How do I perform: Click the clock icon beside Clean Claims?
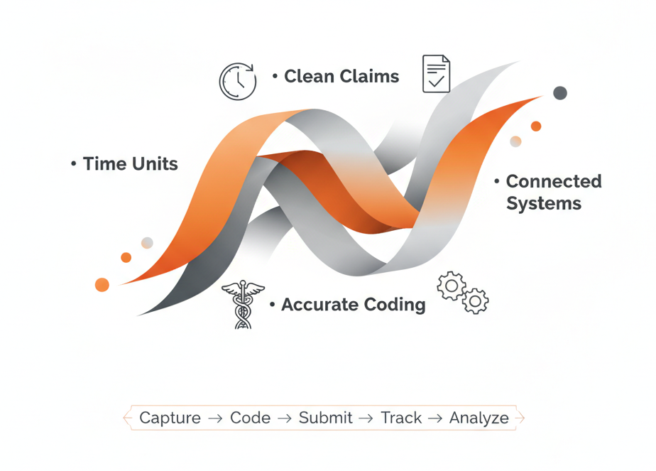coord(237,80)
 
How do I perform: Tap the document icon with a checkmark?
coord(436,74)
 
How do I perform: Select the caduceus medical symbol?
coord(243,304)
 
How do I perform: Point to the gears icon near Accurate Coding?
coord(462,292)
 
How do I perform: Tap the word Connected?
coord(553,181)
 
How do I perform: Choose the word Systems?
coord(543,204)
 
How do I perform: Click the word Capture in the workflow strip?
coord(170,418)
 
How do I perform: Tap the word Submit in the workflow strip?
coord(325,418)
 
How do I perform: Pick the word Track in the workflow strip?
coord(401,418)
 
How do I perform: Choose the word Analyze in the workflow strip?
coord(479,418)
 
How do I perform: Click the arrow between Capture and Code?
coord(215,418)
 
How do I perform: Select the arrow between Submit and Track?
coord(366,418)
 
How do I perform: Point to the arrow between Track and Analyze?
coord(435,418)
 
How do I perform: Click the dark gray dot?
coord(560,93)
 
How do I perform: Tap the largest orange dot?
coord(102,285)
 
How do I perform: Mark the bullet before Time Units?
coord(74,164)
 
